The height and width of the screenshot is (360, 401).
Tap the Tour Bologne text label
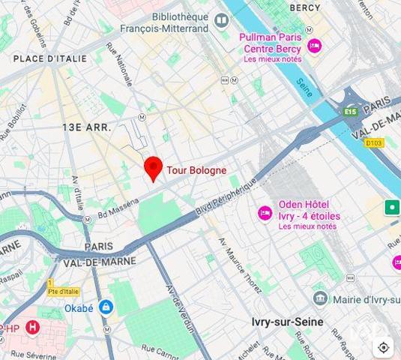196,170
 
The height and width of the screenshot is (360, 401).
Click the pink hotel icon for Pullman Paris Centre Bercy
314,45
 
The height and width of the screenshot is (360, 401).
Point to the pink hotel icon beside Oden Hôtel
265,213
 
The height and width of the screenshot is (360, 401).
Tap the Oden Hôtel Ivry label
309,210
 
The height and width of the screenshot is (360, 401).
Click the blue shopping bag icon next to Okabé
106,307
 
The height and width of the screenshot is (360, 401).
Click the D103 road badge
373,142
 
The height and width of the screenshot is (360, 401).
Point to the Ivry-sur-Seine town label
287,322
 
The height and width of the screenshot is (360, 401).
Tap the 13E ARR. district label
86,127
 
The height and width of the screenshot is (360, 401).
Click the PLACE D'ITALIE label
49,58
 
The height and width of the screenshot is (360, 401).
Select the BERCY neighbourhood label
304,8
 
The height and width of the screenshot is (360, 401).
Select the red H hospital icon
31,327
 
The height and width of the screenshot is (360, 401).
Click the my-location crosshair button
383,347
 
